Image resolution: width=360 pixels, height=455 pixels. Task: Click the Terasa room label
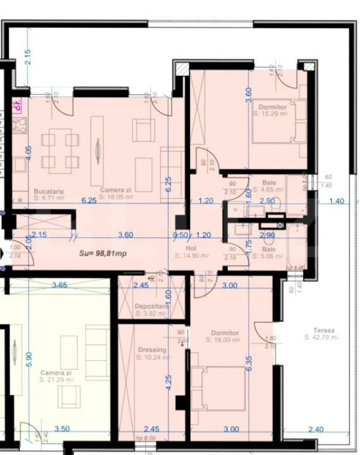324,330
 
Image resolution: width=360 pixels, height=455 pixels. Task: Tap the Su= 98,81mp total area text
104,252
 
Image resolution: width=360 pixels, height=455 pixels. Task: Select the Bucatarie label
49,192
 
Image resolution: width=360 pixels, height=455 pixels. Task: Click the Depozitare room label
152,306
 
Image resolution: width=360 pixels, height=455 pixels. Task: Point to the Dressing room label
151,350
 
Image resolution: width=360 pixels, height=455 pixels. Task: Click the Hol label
191,249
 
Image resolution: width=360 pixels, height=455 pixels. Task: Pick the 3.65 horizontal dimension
60,286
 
